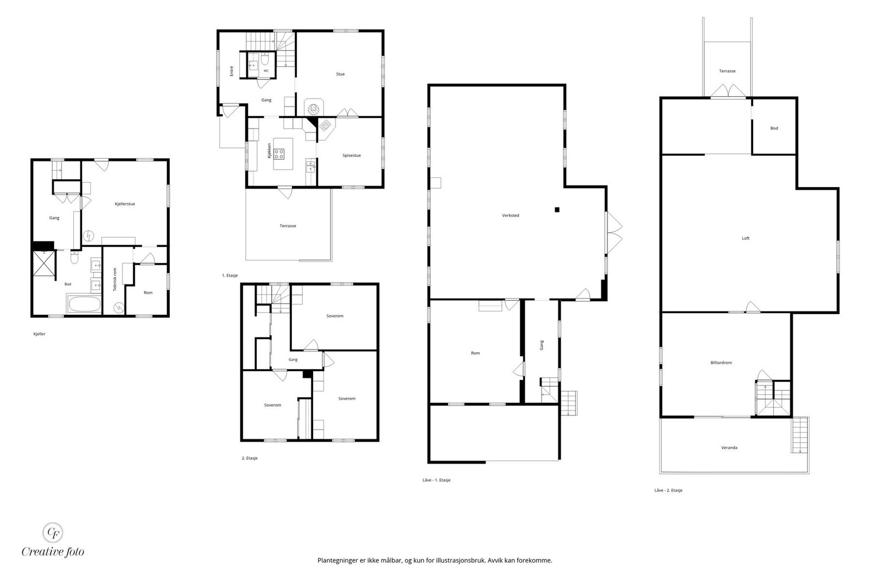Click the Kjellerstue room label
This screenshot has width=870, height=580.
125,204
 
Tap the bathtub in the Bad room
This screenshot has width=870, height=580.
84,304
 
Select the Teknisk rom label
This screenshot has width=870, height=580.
115,279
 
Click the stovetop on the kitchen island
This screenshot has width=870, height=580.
278,154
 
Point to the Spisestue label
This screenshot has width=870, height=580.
351,155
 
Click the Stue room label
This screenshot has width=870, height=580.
340,74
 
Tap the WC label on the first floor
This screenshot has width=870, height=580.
266,71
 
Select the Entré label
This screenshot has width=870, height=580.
232,71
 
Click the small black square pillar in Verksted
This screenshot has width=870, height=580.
557,210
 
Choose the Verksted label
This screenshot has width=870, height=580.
511,215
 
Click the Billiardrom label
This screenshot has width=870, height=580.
721,363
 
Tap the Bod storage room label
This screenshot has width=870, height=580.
774,128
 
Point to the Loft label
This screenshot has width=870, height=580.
745,239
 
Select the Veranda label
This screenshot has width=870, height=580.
729,447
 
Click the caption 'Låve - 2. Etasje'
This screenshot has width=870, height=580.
668,490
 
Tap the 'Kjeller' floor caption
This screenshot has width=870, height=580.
39,334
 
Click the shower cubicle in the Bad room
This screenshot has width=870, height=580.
44,264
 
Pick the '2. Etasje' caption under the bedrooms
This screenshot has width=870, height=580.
250,458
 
